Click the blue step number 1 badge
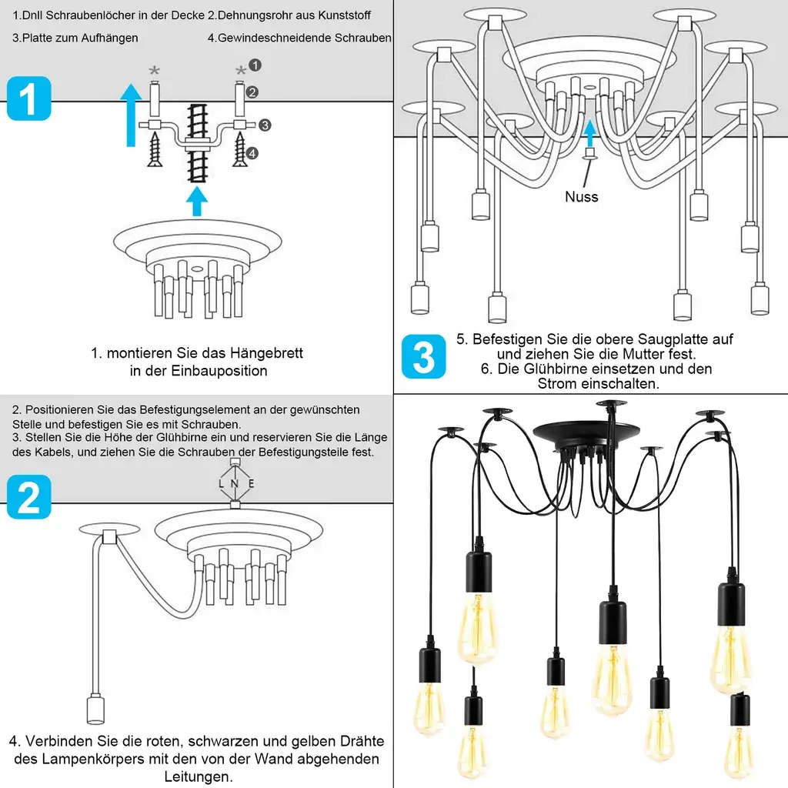[x=29, y=99]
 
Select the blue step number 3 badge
[x=423, y=357]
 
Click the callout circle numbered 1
[x=256, y=66]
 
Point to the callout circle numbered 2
[x=252, y=92]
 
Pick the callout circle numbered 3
[x=264, y=125]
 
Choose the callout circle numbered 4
[x=252, y=153]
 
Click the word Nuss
[x=581, y=197]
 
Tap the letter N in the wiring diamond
[x=235, y=484]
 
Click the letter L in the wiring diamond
[x=222, y=484]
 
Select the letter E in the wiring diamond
[x=251, y=484]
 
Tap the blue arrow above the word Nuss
[x=590, y=132]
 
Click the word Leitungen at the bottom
[x=199, y=776]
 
